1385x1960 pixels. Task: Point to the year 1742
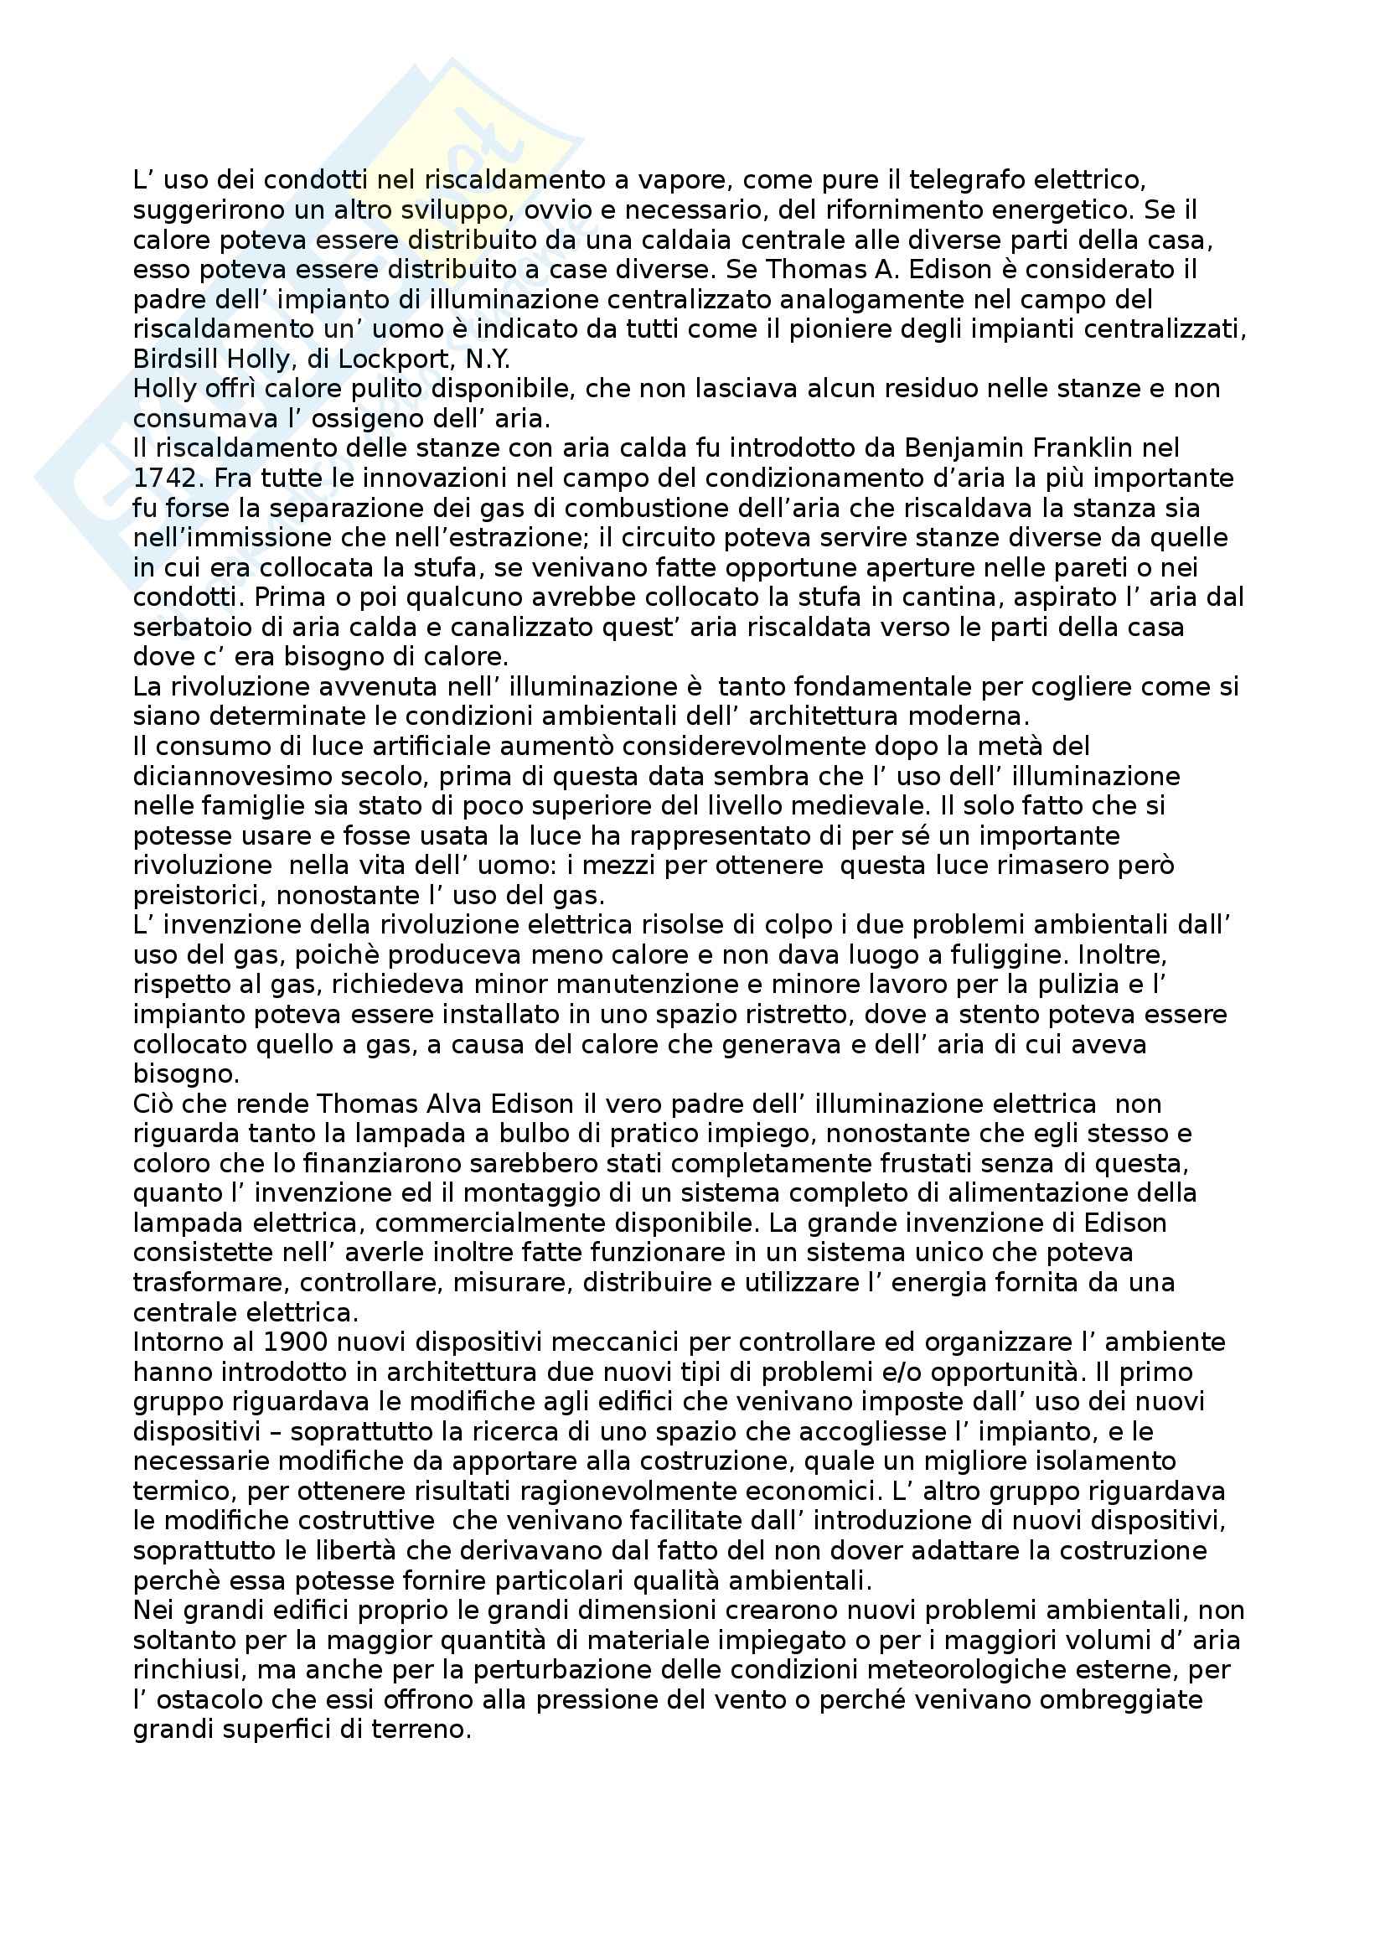coord(167,478)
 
